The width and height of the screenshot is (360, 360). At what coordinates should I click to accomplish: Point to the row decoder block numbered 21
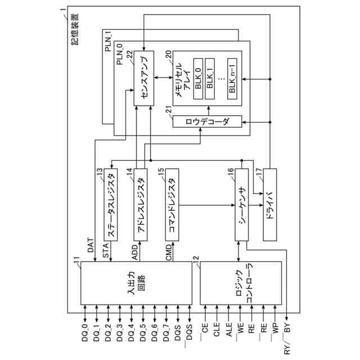[x=207, y=121]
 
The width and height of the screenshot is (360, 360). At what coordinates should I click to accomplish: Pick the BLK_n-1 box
[x=233, y=79]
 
